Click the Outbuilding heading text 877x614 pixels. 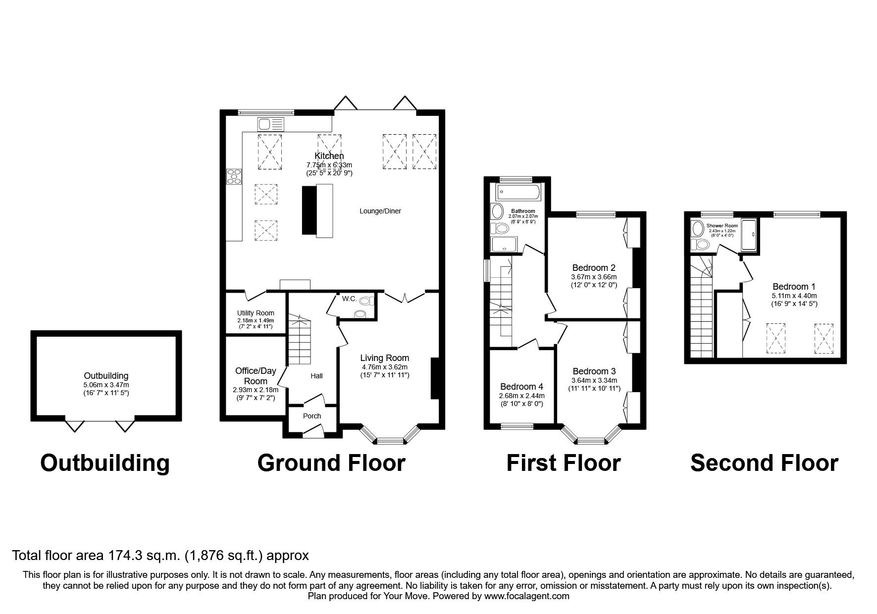point(104,463)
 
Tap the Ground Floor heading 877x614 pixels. point(331,463)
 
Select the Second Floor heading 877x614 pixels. point(764,463)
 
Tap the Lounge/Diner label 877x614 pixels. point(380,211)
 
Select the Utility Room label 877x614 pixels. point(255,313)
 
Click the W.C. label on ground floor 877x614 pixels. point(349,299)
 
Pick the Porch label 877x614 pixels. point(312,416)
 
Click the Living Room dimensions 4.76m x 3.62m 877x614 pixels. point(384,367)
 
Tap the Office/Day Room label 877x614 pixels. point(256,376)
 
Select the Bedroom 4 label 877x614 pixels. point(521,387)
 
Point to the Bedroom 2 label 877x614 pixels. point(594,268)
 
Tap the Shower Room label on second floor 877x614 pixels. point(722,226)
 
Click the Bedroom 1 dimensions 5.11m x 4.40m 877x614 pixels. point(794,296)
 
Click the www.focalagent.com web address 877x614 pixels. point(526,596)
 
